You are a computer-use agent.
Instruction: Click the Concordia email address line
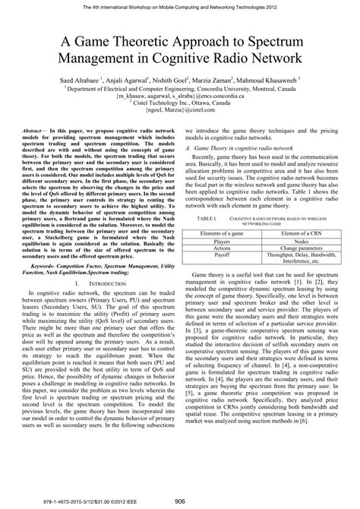[x=179, y=97]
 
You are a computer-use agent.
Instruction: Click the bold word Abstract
[x=40, y=130]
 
